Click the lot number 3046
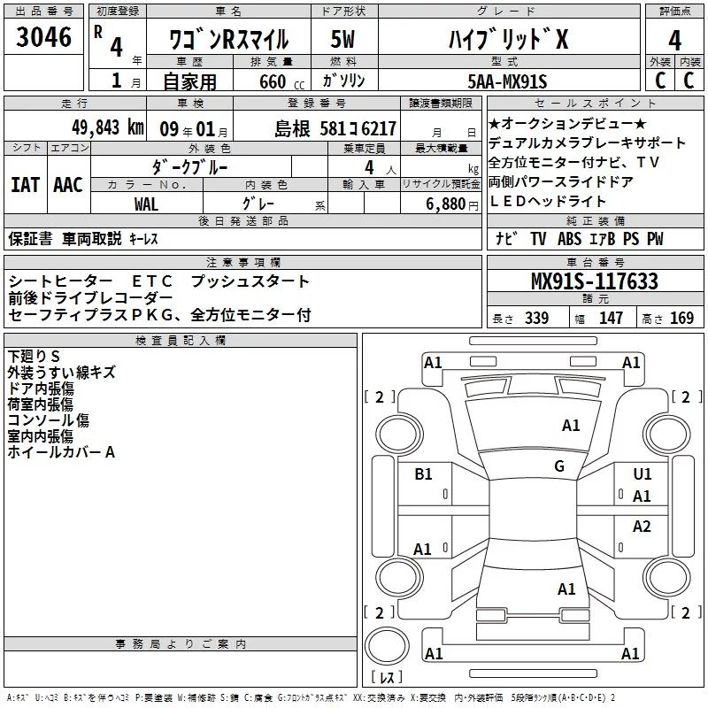point(44,40)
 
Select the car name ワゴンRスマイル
point(231,39)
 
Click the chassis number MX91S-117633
point(594,281)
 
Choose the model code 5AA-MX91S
point(507,81)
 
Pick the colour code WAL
point(146,204)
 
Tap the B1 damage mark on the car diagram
point(423,474)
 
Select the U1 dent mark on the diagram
point(643,474)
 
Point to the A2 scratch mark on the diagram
point(643,527)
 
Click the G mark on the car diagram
point(559,466)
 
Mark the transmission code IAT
point(25,184)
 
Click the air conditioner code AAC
point(68,184)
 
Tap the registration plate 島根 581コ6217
point(335,128)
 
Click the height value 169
point(682,318)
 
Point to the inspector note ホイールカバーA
point(61,452)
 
